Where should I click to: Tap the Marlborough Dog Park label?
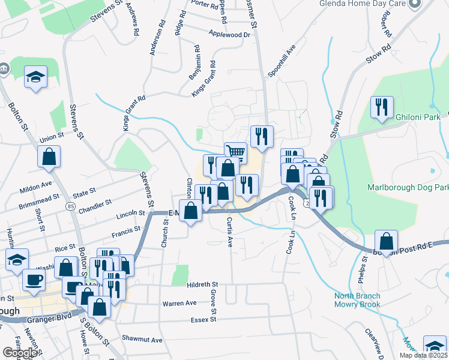point(408,188)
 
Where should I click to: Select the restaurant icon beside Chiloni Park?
point(381,107)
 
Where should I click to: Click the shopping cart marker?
point(235,152)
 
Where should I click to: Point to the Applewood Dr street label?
point(229,35)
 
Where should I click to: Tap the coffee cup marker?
point(33,280)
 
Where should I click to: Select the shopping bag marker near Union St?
point(49,158)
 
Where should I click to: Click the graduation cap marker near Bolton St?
point(35,77)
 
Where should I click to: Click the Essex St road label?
point(204,320)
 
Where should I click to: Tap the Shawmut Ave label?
point(142,340)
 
